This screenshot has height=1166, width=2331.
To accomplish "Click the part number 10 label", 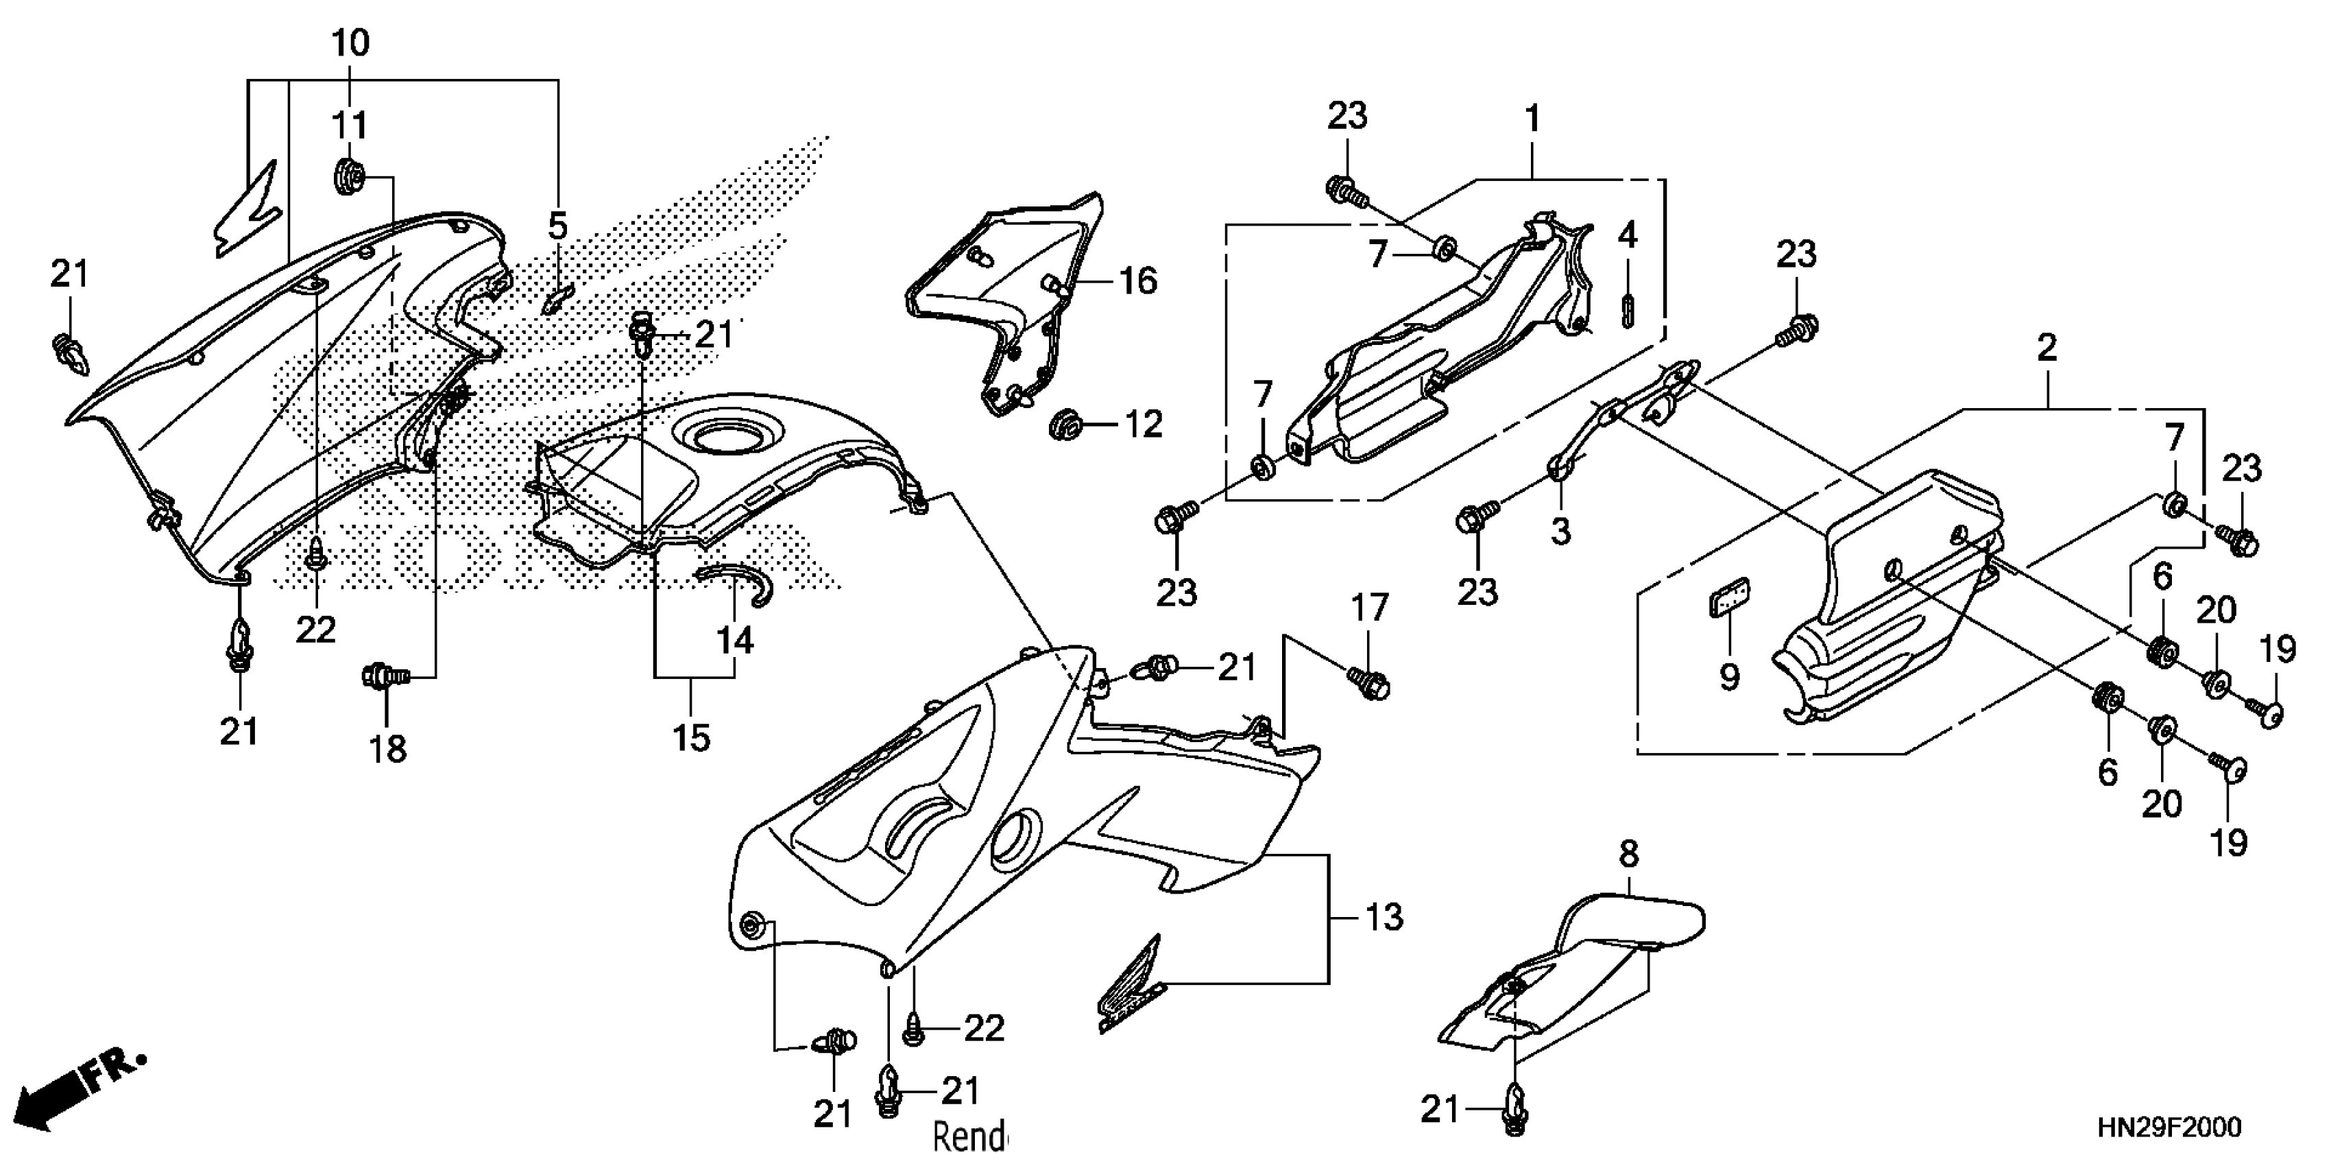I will coord(350,43).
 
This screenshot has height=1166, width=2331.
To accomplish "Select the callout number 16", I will coord(1137,281).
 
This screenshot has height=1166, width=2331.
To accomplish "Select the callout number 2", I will coord(2047,348).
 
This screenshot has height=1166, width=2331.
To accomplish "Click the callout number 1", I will coord(1532,118).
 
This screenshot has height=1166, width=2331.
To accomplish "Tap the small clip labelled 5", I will coord(557,298).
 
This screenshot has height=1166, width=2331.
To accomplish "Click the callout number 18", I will coord(388,749).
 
